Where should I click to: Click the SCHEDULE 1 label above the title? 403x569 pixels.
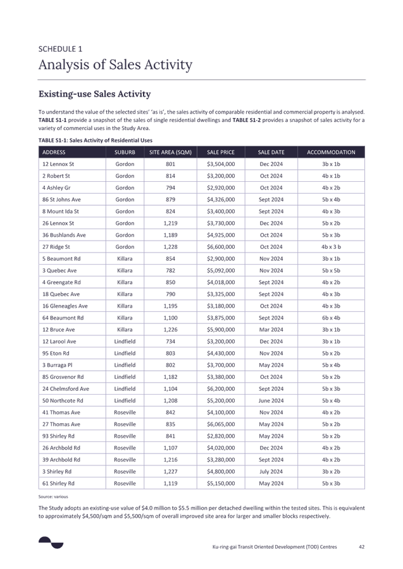tap(60, 49)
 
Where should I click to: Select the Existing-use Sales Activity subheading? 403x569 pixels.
tap(94, 94)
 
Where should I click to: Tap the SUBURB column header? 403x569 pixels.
tap(124, 152)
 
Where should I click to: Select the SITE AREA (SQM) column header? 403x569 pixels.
tap(170, 152)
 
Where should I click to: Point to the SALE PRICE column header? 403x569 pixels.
tap(221, 152)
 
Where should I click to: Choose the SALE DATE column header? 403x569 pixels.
tap(271, 152)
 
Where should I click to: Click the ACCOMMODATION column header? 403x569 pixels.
tap(331, 152)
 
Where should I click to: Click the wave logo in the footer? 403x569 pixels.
tap(51, 542)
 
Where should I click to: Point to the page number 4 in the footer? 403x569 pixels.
tap(361, 547)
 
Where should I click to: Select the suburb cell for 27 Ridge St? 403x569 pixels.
tap(124, 247)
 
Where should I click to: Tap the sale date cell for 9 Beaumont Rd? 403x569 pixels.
tap(271, 259)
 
